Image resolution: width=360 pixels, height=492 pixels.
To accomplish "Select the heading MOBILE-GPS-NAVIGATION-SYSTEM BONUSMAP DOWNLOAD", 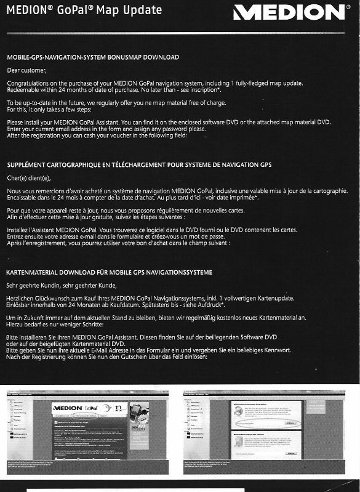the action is point(93,57).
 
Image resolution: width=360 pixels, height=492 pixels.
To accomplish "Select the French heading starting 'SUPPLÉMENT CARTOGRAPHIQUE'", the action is point(139,165).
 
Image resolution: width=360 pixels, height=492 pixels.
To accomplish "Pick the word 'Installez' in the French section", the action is point(20,229).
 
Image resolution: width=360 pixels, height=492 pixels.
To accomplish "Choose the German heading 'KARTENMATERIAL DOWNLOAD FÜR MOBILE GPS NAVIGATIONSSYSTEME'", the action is point(109,272).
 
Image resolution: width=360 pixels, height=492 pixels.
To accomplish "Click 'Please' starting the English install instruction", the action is point(16,121).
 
